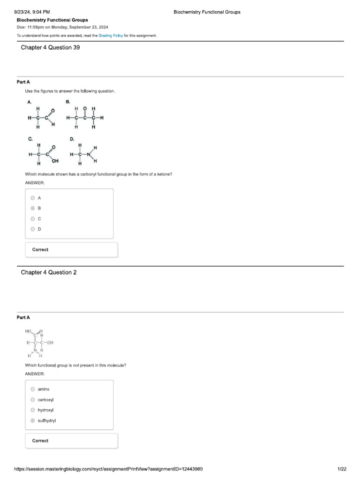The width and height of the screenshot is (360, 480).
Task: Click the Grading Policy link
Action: pos(111,36)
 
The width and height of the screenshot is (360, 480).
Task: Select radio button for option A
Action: pos(32,198)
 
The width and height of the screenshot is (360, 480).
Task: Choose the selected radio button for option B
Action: pos(32,208)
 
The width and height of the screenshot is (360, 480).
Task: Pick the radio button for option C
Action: pos(32,218)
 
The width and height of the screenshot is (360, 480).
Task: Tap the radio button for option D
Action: pos(32,229)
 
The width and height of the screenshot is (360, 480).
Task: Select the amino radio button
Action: pos(32,389)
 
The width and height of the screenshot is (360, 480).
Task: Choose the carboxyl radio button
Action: pos(32,400)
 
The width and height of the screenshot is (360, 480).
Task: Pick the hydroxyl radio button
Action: pos(32,410)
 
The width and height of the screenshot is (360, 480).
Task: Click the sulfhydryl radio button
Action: pos(32,421)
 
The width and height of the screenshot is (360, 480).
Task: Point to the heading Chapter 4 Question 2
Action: pos(48,272)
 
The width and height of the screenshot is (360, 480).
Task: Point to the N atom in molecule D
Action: pos(88,154)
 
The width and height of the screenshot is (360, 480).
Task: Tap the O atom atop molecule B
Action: pos(85,109)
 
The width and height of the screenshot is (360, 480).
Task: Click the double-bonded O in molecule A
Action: pos(52,111)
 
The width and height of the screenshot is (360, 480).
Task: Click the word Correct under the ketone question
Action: pos(40,250)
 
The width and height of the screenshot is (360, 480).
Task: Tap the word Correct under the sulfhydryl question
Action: pos(40,441)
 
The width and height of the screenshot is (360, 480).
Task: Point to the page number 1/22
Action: pos(342,469)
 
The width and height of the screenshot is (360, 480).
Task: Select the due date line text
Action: pos(62,27)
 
